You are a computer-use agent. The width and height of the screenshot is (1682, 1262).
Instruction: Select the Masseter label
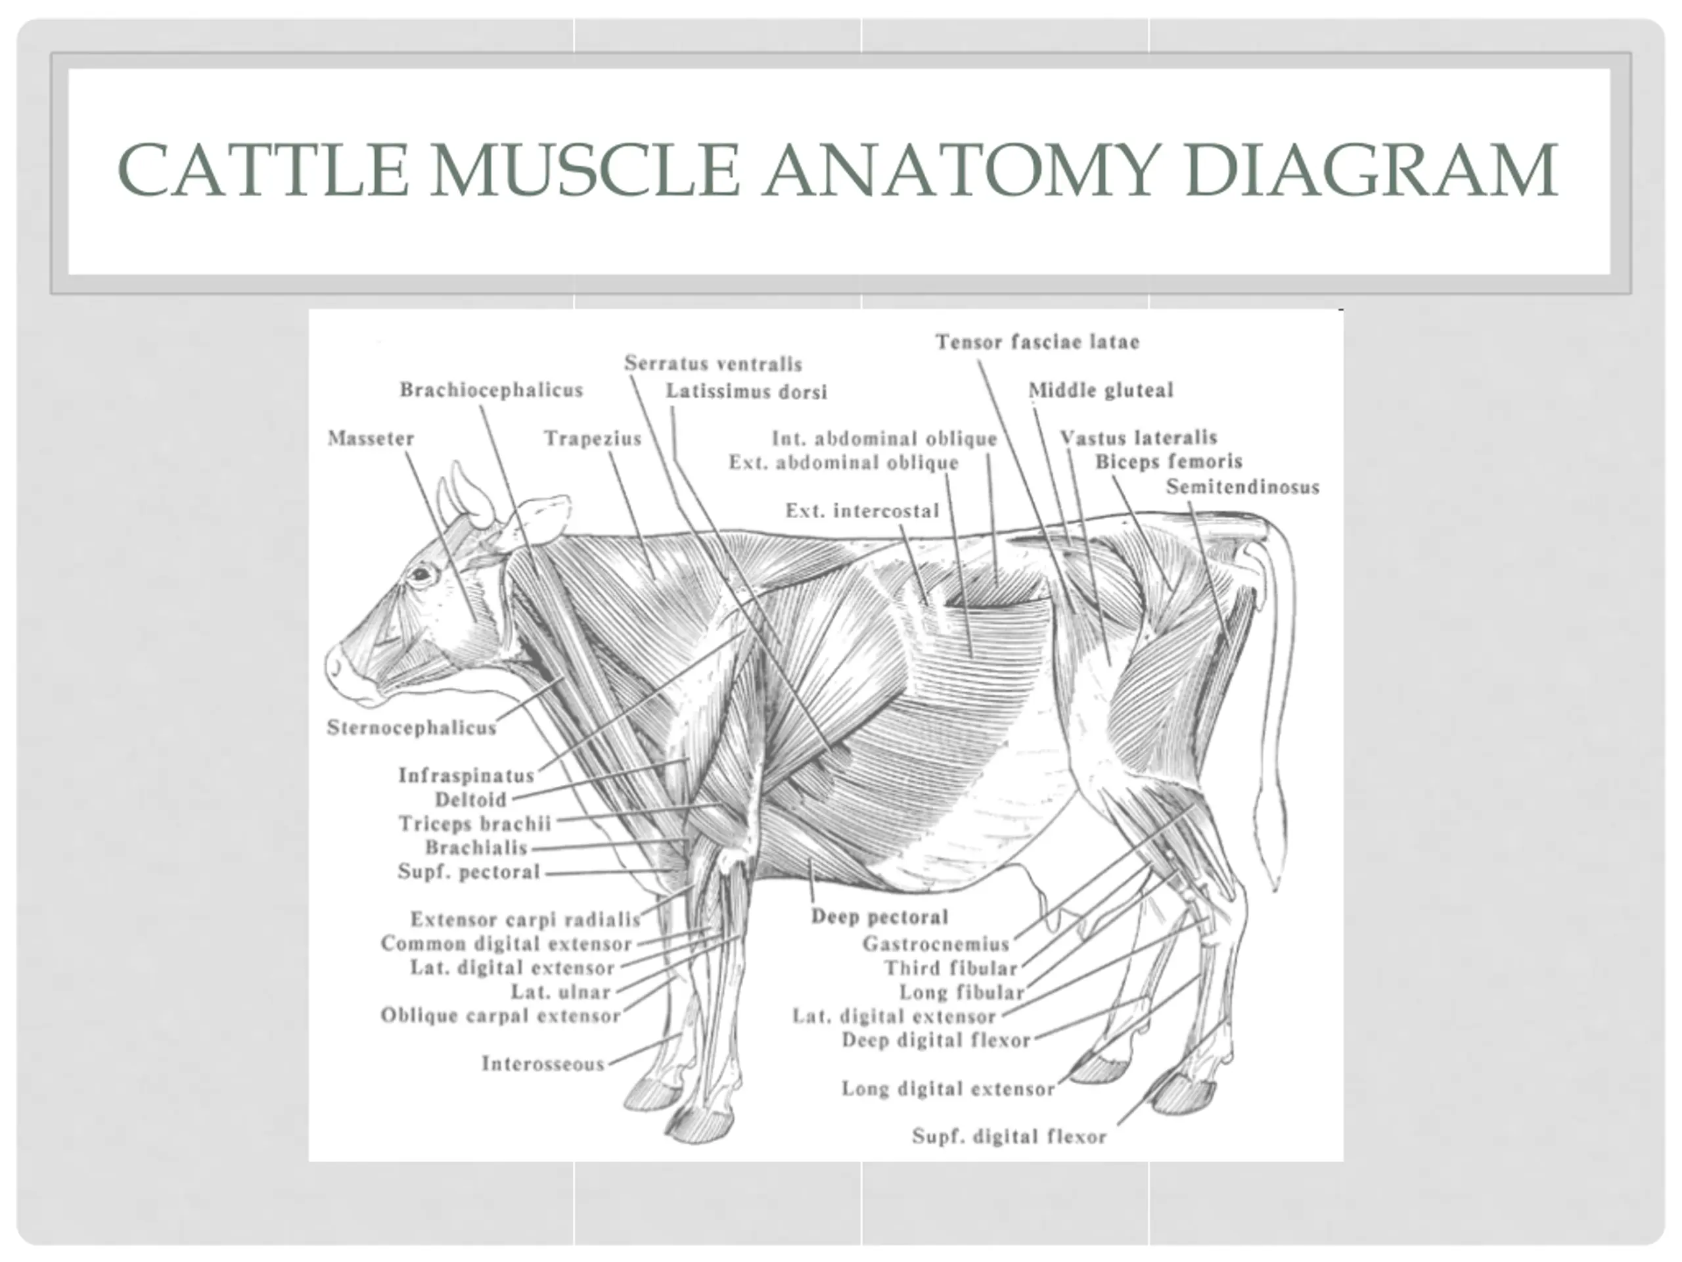(371, 439)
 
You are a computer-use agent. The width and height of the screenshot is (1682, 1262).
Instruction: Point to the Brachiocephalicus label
(491, 390)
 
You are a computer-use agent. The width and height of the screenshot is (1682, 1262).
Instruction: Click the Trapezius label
(593, 439)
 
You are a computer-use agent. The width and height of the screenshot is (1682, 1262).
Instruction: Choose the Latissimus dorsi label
(746, 392)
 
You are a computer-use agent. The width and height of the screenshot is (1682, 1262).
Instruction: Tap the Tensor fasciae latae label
(1037, 342)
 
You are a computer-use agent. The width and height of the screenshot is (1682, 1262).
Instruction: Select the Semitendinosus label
(1242, 487)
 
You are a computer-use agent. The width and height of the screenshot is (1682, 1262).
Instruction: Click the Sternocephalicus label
(411, 728)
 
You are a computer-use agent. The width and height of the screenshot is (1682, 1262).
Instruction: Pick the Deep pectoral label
(880, 917)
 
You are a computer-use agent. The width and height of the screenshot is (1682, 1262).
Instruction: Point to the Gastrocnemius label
(936, 944)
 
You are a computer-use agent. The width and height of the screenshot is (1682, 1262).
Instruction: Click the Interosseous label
(543, 1063)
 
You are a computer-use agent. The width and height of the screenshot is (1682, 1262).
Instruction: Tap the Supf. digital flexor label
(1009, 1136)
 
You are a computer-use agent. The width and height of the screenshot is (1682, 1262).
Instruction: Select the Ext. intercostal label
(862, 511)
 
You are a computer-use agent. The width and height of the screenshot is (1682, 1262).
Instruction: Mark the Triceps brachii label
(474, 824)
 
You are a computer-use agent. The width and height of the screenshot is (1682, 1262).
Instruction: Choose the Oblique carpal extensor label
(501, 1016)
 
